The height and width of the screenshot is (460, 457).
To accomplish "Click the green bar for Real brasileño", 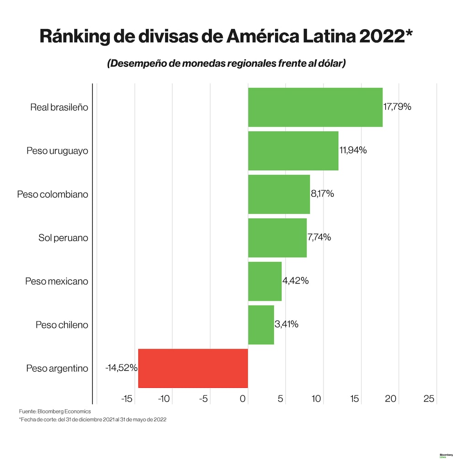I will coord(315,107).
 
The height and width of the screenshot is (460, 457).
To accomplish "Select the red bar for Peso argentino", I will coord(193,368).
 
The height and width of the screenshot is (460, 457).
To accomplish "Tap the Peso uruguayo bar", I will coord(293,150).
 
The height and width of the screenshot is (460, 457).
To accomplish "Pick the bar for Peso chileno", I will coord(261,325).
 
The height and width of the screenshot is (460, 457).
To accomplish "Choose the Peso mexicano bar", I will coord(265,281).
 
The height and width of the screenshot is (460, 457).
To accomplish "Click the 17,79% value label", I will coord(398,107).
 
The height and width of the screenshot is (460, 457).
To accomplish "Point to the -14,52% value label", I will coord(121,368).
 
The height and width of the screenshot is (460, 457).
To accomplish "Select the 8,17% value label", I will coord(323,194).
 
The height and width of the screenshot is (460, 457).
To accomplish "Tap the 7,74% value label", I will coord(319,237).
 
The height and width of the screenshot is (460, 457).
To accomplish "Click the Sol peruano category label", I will coord(63,238).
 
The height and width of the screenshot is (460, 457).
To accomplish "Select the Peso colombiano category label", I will coord(53,194).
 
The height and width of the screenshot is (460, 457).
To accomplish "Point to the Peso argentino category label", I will coord(57,368).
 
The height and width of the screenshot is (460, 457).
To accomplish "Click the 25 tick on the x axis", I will coord(429,399).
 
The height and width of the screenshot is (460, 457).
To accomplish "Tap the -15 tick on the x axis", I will coord(127,399).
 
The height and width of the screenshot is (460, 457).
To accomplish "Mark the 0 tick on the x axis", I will coord(243,399).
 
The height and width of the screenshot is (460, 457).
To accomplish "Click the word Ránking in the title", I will coord(75,36).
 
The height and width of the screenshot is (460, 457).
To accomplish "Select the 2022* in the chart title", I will coord(386,36).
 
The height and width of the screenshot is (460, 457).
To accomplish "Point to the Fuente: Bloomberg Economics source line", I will coord(55,412).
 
